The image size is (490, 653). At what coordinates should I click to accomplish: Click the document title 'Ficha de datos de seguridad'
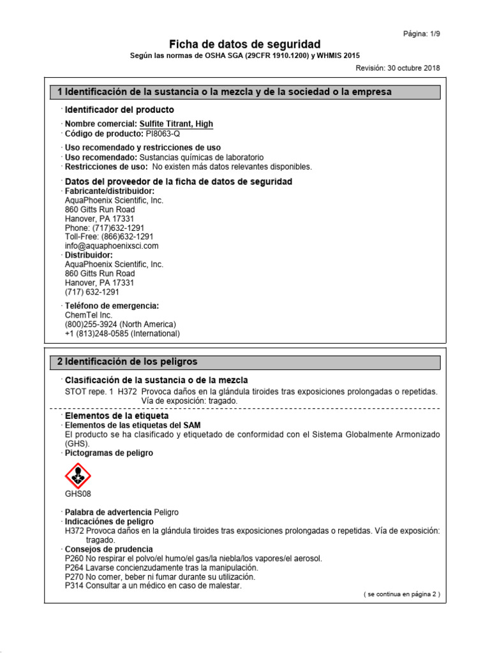pyautogui.click(x=244, y=44)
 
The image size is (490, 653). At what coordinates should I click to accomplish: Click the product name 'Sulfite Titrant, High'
pyautogui.click(x=175, y=124)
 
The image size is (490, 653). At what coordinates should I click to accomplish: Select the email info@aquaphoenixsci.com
pyautogui.click(x=112, y=246)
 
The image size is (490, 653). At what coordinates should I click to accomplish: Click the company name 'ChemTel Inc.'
pyautogui.click(x=89, y=314)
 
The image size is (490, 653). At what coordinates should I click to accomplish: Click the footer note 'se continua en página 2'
pyautogui.click(x=401, y=594)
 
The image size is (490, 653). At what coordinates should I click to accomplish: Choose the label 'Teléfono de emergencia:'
pyautogui.click(x=112, y=305)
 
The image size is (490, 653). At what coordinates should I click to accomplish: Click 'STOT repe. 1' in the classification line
pyautogui.click(x=88, y=391)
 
